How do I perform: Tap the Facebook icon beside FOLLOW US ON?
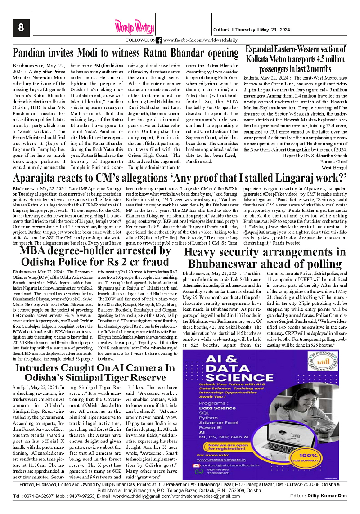click(x=159, y=40)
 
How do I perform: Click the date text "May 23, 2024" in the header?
click(x=294, y=30)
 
